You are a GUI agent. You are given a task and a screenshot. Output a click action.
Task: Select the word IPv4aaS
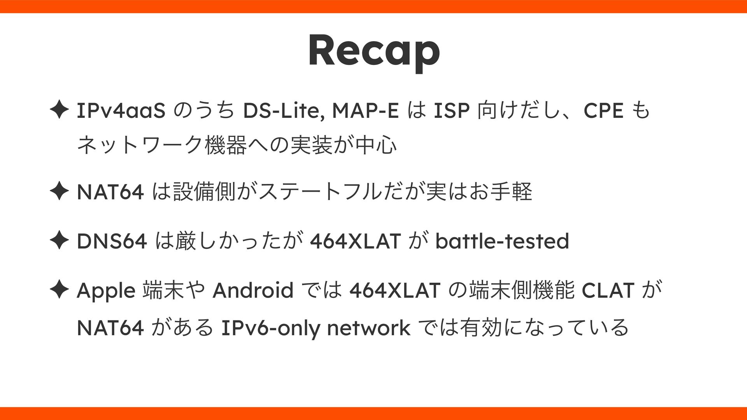tap(121, 112)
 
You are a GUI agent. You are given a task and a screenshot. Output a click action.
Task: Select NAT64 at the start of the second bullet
tap(110, 192)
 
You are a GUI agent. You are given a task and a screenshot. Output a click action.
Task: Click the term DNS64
tap(112, 241)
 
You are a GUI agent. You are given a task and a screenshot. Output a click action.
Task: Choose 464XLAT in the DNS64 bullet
tap(354, 241)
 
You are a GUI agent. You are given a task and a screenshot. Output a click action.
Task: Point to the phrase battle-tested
tap(502, 241)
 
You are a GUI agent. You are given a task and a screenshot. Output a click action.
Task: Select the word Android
tap(253, 290)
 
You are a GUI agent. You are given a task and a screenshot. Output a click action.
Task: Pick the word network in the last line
tap(368, 328)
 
